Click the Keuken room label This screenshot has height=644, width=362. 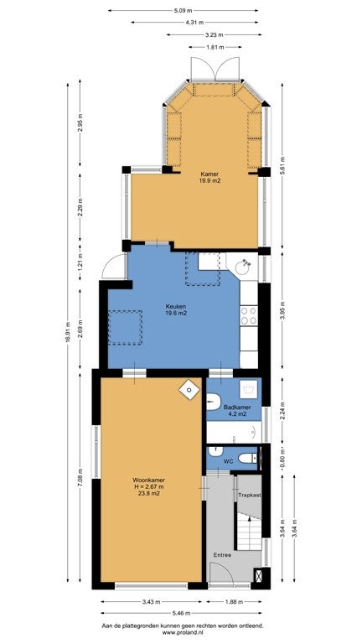point(176,306)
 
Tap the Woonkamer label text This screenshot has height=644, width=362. point(149,480)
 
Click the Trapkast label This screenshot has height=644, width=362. point(250,496)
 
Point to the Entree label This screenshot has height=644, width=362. point(222,555)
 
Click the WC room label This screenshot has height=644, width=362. point(228,462)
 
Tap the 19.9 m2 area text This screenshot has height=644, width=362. point(211,180)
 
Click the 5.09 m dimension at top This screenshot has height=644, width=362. point(183,11)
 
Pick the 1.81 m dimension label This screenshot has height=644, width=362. point(215,47)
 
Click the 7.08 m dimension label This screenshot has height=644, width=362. point(80,477)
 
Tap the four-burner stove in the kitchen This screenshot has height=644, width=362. point(248,315)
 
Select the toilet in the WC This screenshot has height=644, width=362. point(249,458)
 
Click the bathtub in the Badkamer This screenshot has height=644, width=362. point(234,432)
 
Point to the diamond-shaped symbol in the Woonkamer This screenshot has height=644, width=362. point(189,390)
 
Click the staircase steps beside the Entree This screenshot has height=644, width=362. point(250,533)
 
